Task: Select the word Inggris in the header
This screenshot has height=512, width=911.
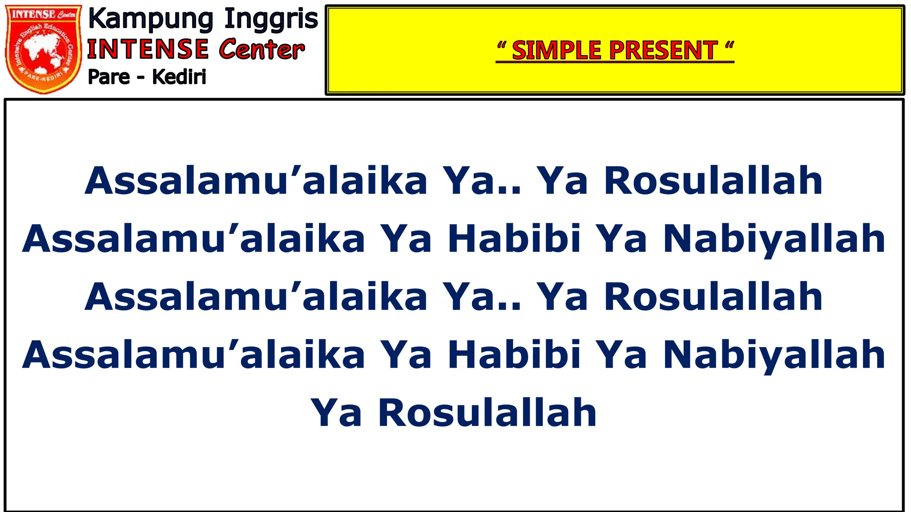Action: [x=271, y=20]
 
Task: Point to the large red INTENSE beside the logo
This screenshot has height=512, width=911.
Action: [x=148, y=49]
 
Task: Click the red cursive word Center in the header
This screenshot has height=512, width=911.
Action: [x=262, y=49]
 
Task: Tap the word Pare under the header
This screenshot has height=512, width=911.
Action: [x=109, y=77]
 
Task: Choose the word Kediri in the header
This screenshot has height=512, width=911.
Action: [x=179, y=77]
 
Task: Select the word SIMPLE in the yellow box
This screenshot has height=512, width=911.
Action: [x=556, y=50]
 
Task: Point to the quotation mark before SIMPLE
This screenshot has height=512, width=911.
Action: [x=502, y=45]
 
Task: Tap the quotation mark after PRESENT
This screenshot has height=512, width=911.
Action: [x=729, y=45]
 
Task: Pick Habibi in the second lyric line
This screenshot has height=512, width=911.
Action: [x=514, y=239]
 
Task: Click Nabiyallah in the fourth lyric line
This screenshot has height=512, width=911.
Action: [x=774, y=355]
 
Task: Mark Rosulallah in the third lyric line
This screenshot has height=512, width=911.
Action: [x=713, y=296]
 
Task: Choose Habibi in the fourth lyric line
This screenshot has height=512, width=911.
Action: [x=514, y=355]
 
